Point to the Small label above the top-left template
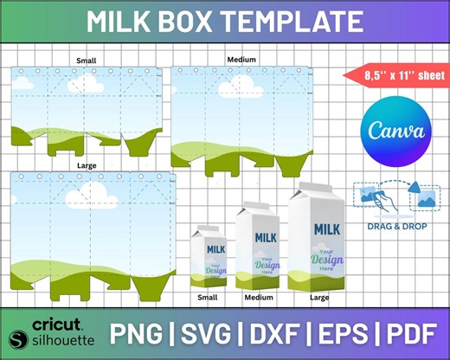click(86, 61)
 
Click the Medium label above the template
click(241, 59)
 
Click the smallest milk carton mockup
click(209, 256)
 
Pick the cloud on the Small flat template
click(85, 84)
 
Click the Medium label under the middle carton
click(259, 298)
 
